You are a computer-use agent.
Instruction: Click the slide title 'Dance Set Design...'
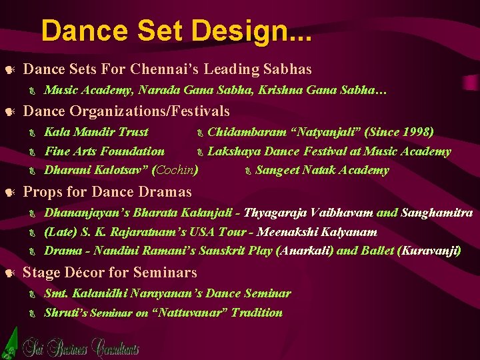(176, 31)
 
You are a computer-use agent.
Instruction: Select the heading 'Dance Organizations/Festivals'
(126, 111)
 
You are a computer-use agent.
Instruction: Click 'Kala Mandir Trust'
(96, 132)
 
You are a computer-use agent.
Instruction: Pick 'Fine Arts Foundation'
(104, 151)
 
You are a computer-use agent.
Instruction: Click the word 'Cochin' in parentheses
(175, 170)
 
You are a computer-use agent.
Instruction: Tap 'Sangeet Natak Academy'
(322, 170)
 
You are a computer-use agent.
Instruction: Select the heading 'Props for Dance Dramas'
(107, 192)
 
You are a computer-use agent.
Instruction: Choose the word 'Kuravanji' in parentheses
(429, 251)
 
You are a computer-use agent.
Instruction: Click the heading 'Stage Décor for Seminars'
(110, 272)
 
